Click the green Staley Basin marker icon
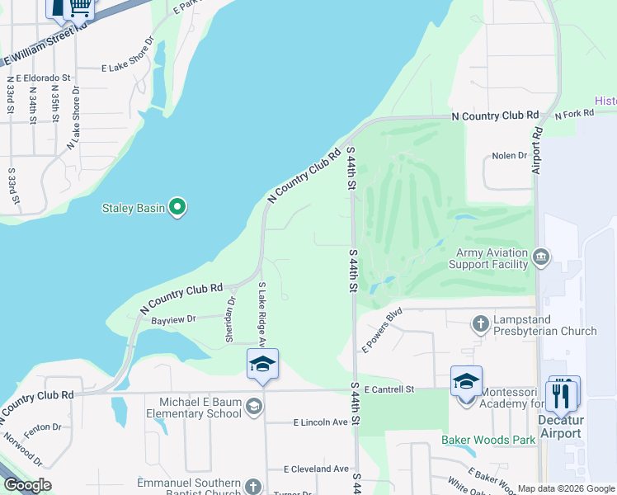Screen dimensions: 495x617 [177, 207]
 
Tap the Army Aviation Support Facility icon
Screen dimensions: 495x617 [541, 257]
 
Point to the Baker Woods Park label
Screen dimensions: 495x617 [487, 440]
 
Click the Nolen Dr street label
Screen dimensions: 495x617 [509, 155]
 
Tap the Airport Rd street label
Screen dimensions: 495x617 [537, 149]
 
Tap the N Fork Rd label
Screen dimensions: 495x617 [575, 115]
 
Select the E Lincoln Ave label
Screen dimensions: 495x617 [321, 422]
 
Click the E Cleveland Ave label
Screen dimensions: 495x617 [317, 469]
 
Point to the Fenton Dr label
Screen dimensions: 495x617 [43, 427]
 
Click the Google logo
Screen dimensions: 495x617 [28, 485]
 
